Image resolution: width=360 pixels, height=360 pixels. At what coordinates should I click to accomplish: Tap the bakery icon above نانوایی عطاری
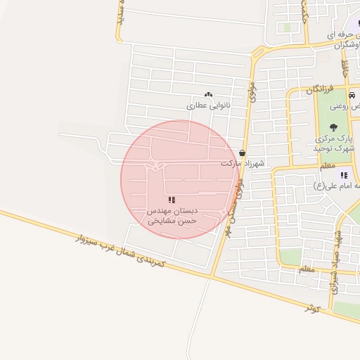(x=208, y=94)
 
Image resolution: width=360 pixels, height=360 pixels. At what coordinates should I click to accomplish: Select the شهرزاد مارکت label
(x=242, y=163)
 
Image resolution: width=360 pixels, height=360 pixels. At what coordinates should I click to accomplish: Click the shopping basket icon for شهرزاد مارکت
(x=243, y=153)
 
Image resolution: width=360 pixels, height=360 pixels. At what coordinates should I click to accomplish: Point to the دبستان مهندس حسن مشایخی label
(x=172, y=215)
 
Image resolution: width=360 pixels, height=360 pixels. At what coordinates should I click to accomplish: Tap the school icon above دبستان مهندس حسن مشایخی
(x=172, y=200)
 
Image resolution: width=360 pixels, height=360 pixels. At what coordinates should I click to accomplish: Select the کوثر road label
(x=313, y=308)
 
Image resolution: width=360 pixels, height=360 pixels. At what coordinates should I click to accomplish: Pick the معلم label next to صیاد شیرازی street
(x=306, y=269)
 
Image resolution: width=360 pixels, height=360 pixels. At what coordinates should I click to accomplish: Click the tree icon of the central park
(x=333, y=127)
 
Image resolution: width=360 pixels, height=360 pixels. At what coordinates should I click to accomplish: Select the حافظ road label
(x=345, y=68)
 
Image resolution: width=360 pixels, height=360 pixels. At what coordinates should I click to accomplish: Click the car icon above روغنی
(x=351, y=95)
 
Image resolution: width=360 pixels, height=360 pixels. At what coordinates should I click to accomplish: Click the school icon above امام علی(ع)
(x=343, y=175)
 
